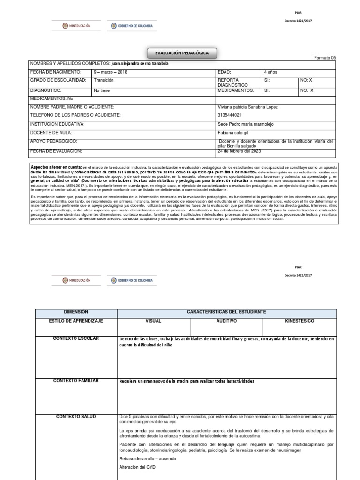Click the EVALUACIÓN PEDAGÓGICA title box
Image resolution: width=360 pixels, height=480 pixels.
tap(182, 54)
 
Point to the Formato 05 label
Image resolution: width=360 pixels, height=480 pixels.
tap(325, 58)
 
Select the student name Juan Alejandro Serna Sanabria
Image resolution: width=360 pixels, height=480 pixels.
tap(139, 64)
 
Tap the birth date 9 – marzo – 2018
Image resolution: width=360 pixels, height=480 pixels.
tap(111, 72)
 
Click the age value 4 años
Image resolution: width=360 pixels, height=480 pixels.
tap(271, 72)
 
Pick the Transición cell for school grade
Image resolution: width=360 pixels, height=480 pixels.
tap(104, 80)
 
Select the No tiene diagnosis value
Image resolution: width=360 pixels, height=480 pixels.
tap(102, 90)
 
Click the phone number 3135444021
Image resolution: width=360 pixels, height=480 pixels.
tap(230, 115)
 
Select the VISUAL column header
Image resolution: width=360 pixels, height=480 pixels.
tap(153, 321)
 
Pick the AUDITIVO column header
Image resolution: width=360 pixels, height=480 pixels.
tap(226, 321)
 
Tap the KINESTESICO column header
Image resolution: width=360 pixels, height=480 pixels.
tap(300, 321)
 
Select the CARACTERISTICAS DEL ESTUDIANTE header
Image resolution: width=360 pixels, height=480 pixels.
tap(226, 312)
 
